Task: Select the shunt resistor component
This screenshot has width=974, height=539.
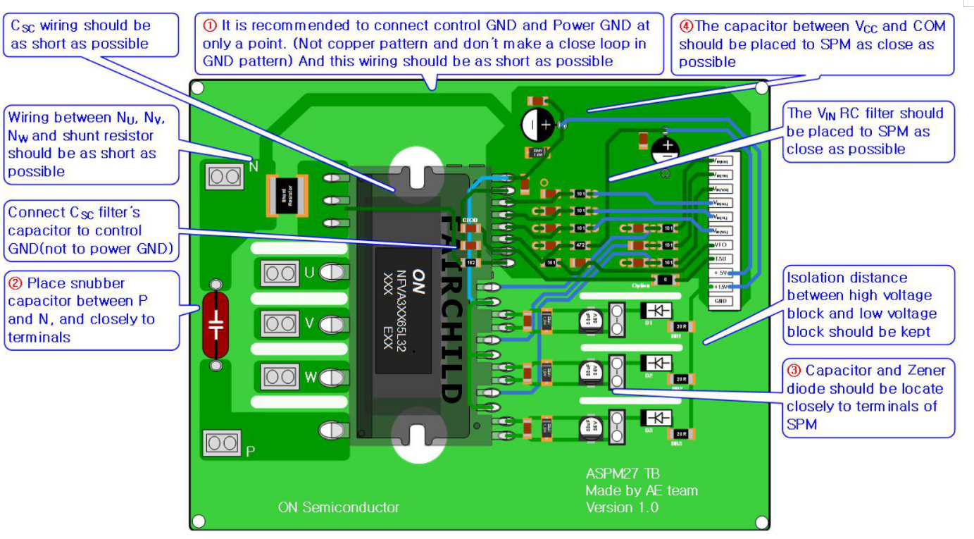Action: pos(287,196)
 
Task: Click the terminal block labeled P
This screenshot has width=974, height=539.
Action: pos(223,442)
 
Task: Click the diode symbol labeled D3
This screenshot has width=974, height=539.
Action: pos(658,418)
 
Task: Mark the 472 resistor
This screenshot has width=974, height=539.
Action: pos(580,246)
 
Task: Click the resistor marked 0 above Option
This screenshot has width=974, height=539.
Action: pos(662,279)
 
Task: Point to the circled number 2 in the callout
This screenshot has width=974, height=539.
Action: pos(15,283)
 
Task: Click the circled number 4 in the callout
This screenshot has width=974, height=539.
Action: pos(686,26)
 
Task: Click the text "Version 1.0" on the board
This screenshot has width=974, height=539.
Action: pos(622,507)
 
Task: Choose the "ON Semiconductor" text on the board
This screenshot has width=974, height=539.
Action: pos(338,507)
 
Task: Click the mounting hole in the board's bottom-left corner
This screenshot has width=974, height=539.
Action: pos(199,521)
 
